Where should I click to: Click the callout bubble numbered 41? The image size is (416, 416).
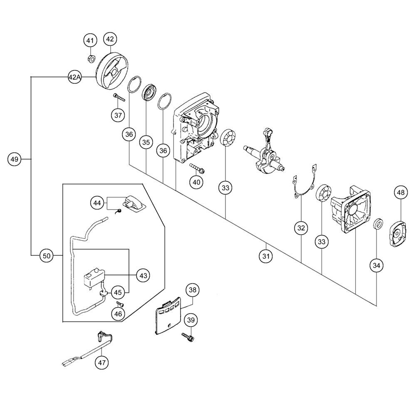coord(90,41)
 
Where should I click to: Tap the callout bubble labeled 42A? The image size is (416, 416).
coord(74,77)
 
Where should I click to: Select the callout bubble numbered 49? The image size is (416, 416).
coord(14,159)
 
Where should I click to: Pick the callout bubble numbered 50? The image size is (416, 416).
coord(47,256)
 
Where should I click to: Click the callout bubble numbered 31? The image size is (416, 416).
coord(266,256)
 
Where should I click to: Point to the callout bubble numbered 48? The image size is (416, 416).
coord(401,192)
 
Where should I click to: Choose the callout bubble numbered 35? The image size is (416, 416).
coord(146,142)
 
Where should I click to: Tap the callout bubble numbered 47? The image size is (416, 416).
coord(102,362)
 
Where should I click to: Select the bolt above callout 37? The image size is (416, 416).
coord(119,97)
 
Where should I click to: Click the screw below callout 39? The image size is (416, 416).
coord(188,337)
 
